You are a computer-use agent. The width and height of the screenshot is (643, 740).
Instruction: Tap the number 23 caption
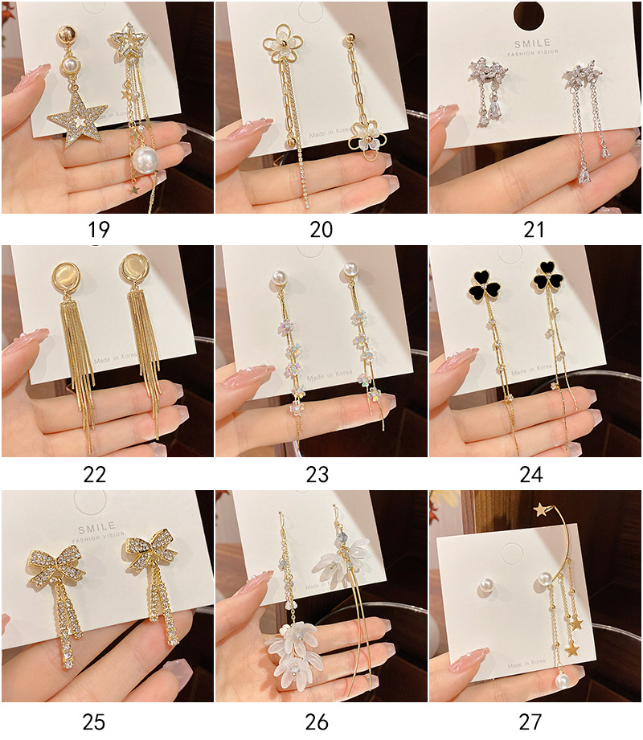(x=317, y=474)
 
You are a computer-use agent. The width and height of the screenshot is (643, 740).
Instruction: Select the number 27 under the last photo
(x=530, y=721)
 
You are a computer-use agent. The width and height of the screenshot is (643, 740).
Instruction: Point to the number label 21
(x=534, y=230)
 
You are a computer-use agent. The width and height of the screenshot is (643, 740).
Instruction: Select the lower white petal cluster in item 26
(x=300, y=651)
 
